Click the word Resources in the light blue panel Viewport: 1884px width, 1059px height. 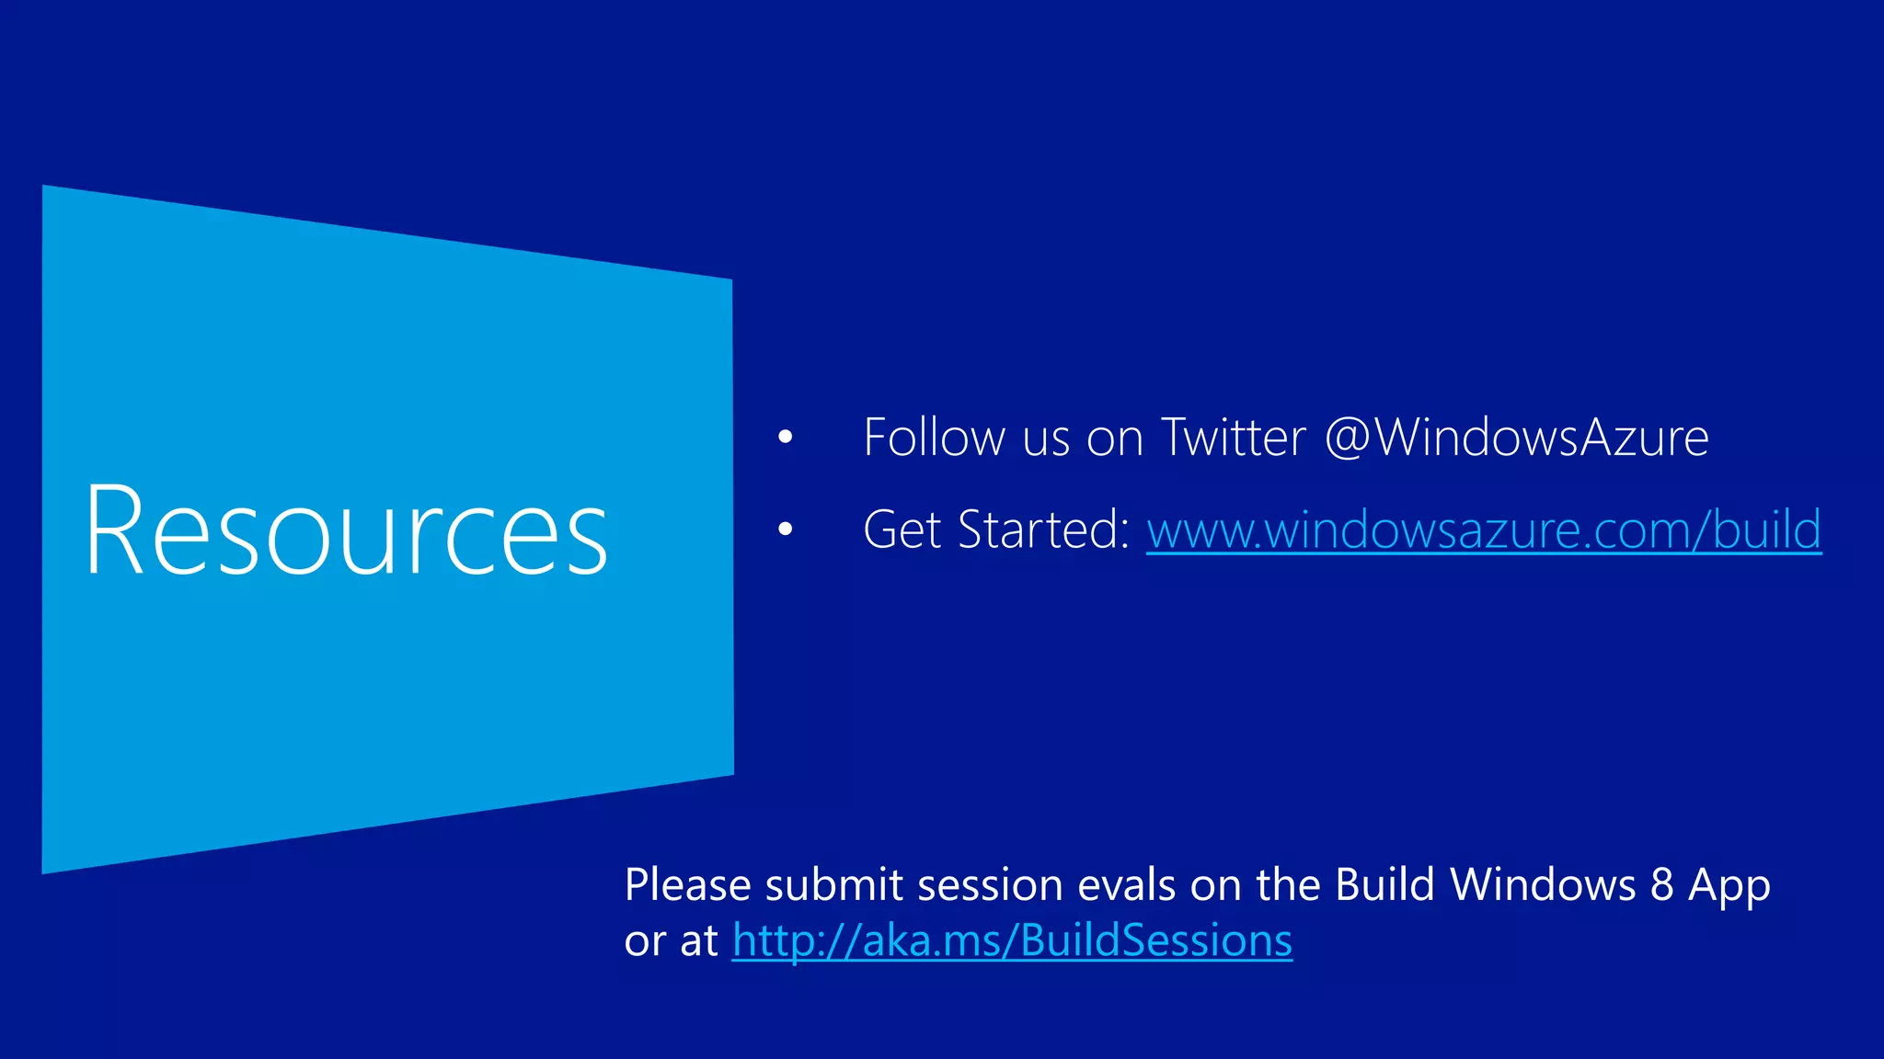coord(346,531)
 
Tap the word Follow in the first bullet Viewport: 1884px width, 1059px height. coord(933,438)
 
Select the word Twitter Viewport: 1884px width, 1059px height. coord(1233,438)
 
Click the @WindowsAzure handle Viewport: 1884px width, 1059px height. coord(1517,438)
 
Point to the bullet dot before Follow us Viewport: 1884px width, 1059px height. coord(785,438)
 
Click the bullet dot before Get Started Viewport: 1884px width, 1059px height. coord(785,529)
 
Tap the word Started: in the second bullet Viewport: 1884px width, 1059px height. coord(1043,530)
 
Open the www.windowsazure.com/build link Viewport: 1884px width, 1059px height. coord(1483,530)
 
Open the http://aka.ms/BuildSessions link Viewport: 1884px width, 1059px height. coord(1012,940)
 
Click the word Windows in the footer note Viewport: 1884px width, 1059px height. coord(1543,885)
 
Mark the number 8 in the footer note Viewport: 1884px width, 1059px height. coord(1661,885)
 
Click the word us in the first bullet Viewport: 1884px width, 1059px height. coord(1046,439)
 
